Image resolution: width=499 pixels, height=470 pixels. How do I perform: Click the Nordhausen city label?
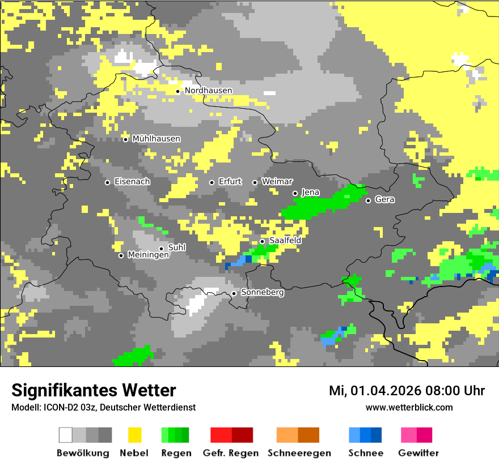(208, 91)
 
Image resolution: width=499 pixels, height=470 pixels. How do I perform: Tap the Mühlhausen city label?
(156, 139)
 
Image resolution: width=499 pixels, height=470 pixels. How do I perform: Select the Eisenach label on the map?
(132, 182)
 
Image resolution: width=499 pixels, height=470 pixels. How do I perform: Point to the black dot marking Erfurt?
(212, 182)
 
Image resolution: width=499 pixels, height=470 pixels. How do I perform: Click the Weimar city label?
(277, 182)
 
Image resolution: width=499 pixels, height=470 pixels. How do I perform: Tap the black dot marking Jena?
(295, 193)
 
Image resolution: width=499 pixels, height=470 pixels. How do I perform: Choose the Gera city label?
(384, 200)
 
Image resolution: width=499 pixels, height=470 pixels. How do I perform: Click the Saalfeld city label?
(285, 241)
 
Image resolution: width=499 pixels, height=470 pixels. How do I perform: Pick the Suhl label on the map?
(177, 247)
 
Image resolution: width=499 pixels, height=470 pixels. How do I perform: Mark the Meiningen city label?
(148, 255)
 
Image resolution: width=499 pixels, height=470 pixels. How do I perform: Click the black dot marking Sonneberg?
(234, 293)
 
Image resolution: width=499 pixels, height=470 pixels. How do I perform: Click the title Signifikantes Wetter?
(94, 390)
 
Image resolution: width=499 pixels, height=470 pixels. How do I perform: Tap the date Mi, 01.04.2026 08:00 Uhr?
(407, 391)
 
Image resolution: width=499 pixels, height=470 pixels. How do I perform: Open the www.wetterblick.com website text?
(409, 407)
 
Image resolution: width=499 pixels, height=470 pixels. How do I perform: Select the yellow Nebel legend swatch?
(134, 435)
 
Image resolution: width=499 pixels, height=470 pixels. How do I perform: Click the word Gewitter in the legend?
(418, 453)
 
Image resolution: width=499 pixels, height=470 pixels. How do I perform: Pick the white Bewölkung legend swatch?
(66, 435)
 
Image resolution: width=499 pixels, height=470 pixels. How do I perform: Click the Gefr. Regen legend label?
(231, 453)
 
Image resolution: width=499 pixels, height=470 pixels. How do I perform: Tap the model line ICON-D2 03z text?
(103, 407)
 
